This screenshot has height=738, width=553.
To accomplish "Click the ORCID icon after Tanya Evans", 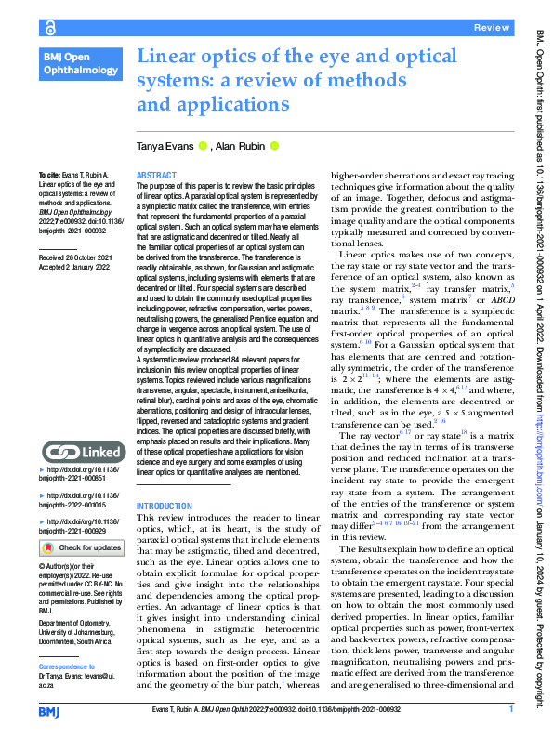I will point(203,145).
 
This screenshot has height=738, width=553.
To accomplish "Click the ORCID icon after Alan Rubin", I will point(274,145).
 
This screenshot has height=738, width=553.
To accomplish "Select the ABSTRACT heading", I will point(155,175).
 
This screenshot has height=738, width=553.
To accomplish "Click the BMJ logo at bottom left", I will point(49,711).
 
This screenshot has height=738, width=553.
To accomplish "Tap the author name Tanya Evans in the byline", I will point(165,145).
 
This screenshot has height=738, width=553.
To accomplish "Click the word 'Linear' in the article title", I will point(169,57).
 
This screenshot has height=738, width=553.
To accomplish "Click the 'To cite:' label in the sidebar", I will point(48,175).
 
